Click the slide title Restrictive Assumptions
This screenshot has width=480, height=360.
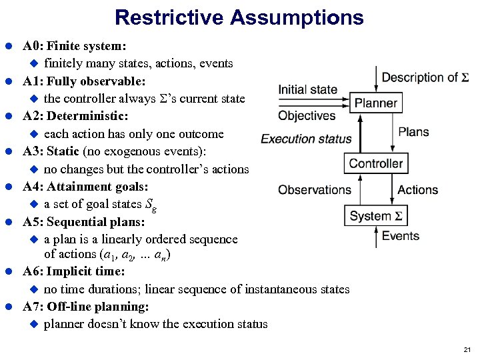(239, 17)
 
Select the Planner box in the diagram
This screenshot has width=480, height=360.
(375, 103)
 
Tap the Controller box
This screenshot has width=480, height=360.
(375, 163)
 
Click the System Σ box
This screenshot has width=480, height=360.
(375, 216)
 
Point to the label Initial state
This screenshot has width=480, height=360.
(307, 89)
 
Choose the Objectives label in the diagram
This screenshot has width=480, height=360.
(307, 116)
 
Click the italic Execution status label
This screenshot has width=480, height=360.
(306, 139)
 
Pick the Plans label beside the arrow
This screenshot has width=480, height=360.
(413, 132)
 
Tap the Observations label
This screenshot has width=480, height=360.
(314, 190)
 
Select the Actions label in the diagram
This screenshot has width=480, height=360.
(418, 190)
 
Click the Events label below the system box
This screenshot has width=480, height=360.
(401, 236)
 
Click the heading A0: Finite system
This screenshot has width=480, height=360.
(75, 47)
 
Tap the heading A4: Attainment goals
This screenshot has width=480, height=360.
(85, 187)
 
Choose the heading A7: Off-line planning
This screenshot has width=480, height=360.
(85, 307)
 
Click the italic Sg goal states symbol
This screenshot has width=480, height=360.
(152, 205)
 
